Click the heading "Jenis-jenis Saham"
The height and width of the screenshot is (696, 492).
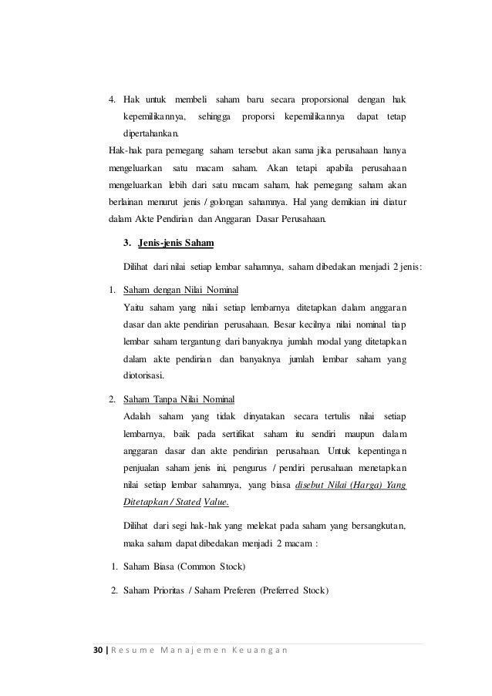(x=177, y=244)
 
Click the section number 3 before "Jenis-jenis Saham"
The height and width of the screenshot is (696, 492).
(x=127, y=244)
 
